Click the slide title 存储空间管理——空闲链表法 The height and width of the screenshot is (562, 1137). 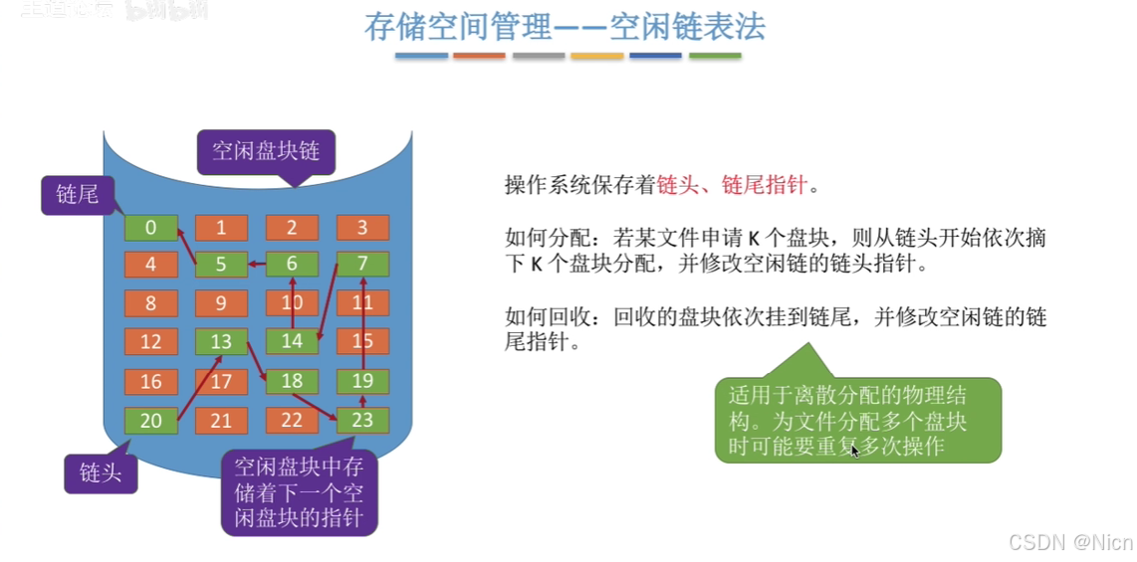(565, 26)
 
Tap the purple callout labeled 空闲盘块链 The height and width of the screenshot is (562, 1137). (266, 152)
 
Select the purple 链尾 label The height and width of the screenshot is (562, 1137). (77, 195)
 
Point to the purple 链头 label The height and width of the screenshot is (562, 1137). (101, 472)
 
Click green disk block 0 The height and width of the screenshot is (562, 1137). (150, 228)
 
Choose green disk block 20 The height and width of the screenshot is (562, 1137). (150, 421)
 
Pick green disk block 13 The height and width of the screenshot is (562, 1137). (221, 342)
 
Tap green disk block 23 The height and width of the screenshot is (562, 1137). (362, 421)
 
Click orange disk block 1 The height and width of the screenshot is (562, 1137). (221, 228)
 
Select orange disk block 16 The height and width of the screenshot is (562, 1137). (150, 382)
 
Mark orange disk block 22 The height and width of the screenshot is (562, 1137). (292, 421)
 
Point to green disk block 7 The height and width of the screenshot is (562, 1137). (362, 265)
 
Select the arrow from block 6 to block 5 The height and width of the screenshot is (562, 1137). (256, 265)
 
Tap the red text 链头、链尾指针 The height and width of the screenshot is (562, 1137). (738, 185)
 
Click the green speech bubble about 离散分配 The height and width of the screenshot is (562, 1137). (857, 420)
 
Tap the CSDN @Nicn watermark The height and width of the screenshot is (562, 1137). (1070, 542)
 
